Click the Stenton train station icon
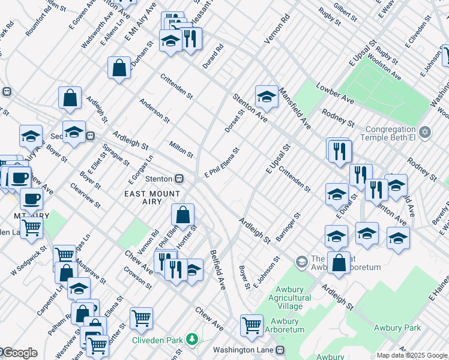(x=179, y=179)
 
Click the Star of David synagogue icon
(x=425, y=131)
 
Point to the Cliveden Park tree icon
(x=191, y=340)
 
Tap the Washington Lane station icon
(x=280, y=350)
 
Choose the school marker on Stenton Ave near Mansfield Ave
(x=266, y=95)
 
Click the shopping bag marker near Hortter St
(x=182, y=214)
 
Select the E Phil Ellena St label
(x=223, y=163)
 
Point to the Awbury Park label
(x=397, y=328)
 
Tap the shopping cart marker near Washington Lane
(x=252, y=325)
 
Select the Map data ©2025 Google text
(x=412, y=355)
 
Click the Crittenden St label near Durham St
(x=176, y=86)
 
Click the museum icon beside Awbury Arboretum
(x=301, y=262)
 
